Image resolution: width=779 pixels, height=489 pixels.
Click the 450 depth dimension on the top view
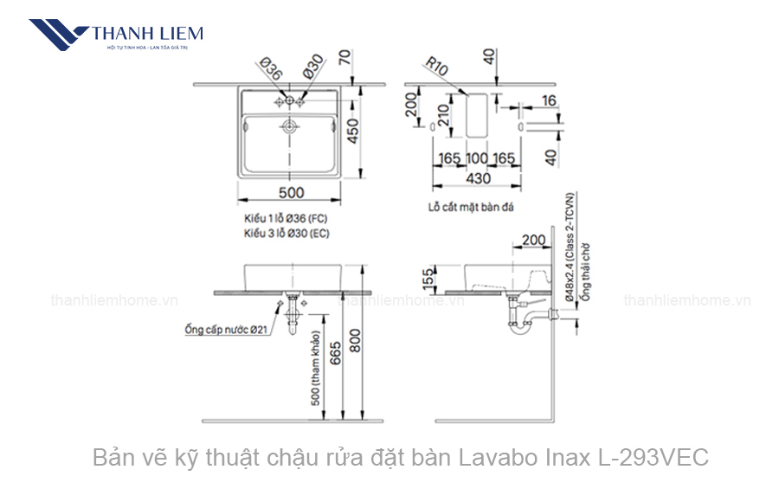(x=353, y=132)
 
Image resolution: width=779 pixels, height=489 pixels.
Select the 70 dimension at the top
(x=345, y=58)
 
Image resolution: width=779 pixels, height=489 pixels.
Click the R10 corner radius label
(x=436, y=68)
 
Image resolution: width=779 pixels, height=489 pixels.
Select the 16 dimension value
(x=550, y=101)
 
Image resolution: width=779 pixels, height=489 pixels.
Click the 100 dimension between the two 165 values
(x=477, y=158)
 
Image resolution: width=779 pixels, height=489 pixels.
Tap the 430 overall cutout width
(x=478, y=179)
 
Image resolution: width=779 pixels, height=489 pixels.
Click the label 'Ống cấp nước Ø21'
(x=226, y=330)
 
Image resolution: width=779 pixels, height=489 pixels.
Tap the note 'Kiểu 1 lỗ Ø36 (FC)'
(x=286, y=220)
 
